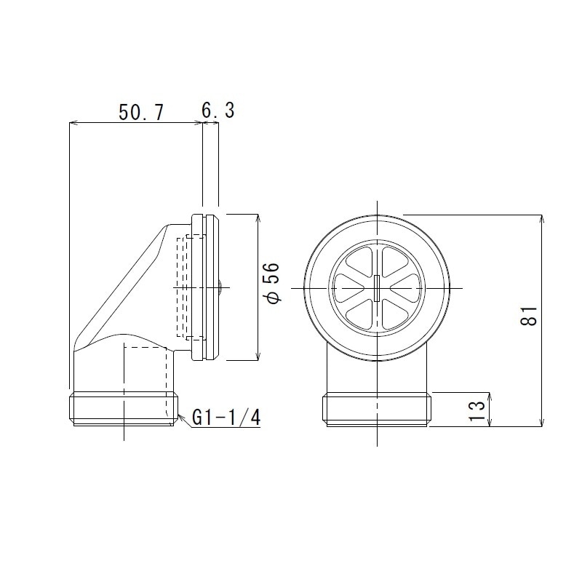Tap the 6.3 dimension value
(218, 111)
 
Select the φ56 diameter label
(271, 284)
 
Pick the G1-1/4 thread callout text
(226, 418)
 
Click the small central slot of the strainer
(378, 287)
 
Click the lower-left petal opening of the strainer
(363, 314)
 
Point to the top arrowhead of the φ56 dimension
(258, 218)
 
